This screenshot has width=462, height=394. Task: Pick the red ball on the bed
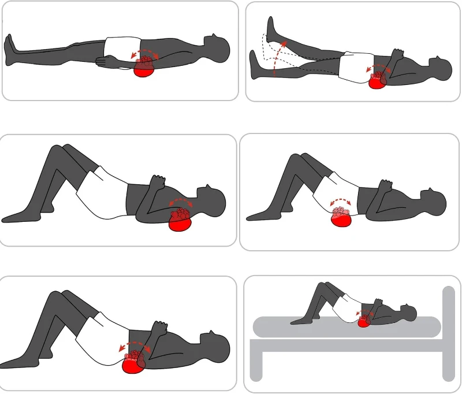pos(364,321)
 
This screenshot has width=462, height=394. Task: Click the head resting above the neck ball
pos(211,202)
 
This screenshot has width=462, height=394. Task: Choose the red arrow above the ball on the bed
pos(364,313)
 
